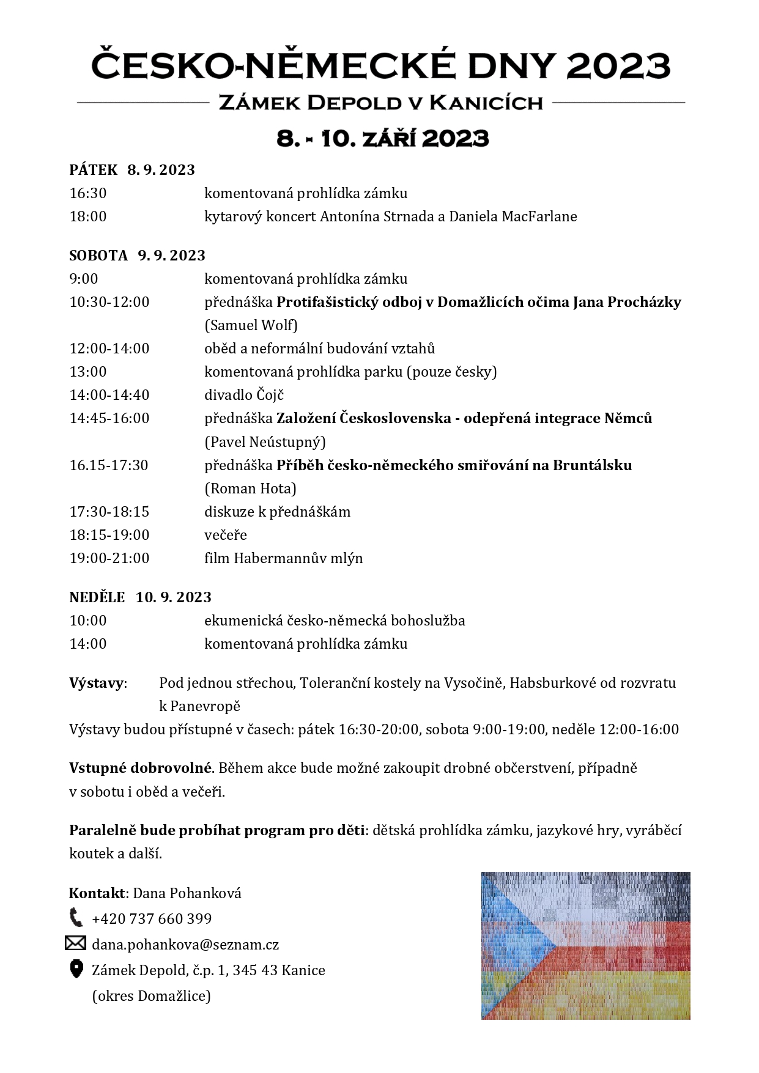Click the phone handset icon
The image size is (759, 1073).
click(x=76, y=917)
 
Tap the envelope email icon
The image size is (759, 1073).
click(x=75, y=943)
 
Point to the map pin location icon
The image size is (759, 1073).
click(x=76, y=968)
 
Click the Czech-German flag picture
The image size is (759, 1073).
click(x=585, y=945)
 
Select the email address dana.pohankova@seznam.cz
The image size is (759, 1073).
click(x=185, y=945)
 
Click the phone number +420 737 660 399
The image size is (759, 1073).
click(x=152, y=919)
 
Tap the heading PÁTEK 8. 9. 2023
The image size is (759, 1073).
click(x=132, y=170)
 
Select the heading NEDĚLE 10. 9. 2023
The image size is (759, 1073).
click(x=140, y=597)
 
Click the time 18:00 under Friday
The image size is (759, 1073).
click(x=88, y=216)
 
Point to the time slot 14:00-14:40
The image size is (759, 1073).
click(x=109, y=395)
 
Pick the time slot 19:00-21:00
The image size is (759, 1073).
click(x=109, y=558)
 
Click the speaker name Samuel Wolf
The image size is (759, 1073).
click(x=251, y=325)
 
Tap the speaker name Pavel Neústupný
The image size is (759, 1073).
click(x=265, y=442)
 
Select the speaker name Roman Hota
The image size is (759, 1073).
click(x=250, y=489)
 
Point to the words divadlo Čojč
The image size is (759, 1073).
click(x=244, y=395)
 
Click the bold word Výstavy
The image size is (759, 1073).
click(x=97, y=683)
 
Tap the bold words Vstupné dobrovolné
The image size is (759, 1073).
click(x=141, y=768)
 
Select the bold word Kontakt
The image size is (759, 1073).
click(x=97, y=893)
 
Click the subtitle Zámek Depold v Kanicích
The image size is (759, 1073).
click(x=380, y=103)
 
